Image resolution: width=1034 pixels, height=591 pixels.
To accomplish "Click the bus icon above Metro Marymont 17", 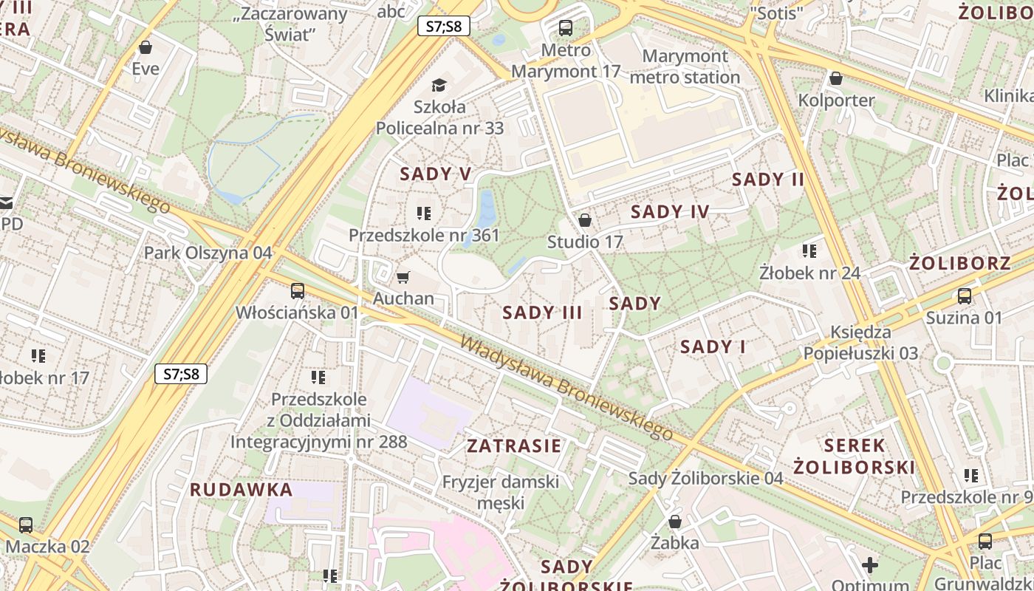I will [x=566, y=28].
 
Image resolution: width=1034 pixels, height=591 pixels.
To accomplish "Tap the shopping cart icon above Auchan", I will [x=403, y=277].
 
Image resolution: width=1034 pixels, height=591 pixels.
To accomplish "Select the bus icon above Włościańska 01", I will [x=298, y=290].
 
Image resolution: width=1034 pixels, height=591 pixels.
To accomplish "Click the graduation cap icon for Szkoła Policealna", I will [x=439, y=85].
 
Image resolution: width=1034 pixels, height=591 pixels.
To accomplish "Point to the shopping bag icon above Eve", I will [x=145, y=48].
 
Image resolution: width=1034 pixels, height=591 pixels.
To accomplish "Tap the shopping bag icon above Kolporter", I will [x=836, y=78].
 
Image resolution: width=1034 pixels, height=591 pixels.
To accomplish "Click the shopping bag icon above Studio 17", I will [x=585, y=220].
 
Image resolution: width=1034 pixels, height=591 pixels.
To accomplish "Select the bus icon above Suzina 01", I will [x=965, y=296].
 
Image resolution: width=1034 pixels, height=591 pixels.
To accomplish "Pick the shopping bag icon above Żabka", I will [x=675, y=522].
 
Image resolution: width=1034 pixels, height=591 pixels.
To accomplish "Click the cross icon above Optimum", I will [x=870, y=565].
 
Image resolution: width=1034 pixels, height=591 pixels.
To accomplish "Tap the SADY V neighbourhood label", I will [x=435, y=174].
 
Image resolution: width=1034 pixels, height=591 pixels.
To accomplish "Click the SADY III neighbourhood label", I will [x=542, y=312].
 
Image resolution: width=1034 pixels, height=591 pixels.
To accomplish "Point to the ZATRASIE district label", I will [x=514, y=446].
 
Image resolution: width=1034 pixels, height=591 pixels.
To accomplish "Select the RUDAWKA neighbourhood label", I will [x=241, y=490].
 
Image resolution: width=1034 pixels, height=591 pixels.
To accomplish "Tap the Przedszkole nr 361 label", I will [x=424, y=236].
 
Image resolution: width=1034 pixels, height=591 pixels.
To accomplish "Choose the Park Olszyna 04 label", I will [x=208, y=253].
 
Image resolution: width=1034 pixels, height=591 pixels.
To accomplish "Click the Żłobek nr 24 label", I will [x=809, y=273].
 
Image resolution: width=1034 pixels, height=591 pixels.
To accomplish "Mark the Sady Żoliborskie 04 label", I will [x=705, y=478].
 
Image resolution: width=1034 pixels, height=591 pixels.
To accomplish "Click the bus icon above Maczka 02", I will [x=26, y=525].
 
